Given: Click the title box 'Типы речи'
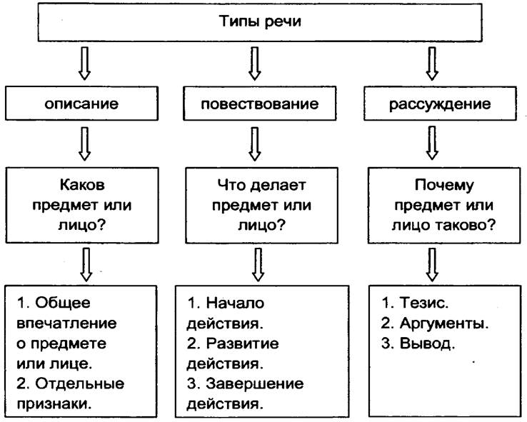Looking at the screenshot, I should click(x=261, y=21).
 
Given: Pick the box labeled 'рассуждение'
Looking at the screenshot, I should click(x=439, y=104).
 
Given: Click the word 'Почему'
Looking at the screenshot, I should click(x=444, y=186).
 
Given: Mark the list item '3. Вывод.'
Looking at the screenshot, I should click(x=418, y=343).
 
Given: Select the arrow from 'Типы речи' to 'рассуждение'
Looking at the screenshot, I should click(x=431, y=63).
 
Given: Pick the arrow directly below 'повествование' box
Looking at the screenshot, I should click(x=255, y=143).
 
